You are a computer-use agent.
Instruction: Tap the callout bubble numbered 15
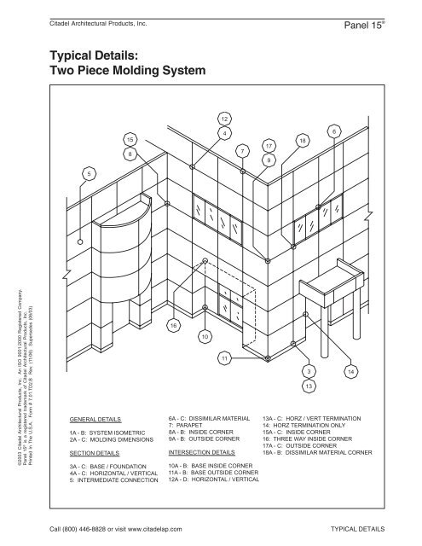130,138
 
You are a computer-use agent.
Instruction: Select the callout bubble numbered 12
223,118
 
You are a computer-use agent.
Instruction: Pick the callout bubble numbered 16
174,325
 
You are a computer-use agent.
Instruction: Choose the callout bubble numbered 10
205,337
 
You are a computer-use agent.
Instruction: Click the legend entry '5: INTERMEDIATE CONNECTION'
108,481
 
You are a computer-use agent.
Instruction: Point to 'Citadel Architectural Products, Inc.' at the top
99,12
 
